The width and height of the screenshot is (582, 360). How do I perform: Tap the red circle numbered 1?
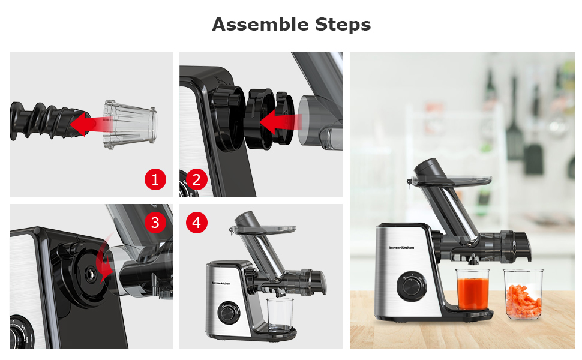point(155,179)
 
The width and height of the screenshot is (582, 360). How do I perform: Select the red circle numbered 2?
point(196,179)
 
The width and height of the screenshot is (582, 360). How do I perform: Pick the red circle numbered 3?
point(155,223)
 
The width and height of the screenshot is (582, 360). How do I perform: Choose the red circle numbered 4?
point(196,223)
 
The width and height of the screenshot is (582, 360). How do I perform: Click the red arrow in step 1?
point(90,124)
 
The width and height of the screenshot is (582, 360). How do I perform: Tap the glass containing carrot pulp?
point(523,296)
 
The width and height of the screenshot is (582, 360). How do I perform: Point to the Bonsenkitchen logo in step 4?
point(224,280)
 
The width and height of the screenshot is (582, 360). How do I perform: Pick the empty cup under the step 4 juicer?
point(280,314)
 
